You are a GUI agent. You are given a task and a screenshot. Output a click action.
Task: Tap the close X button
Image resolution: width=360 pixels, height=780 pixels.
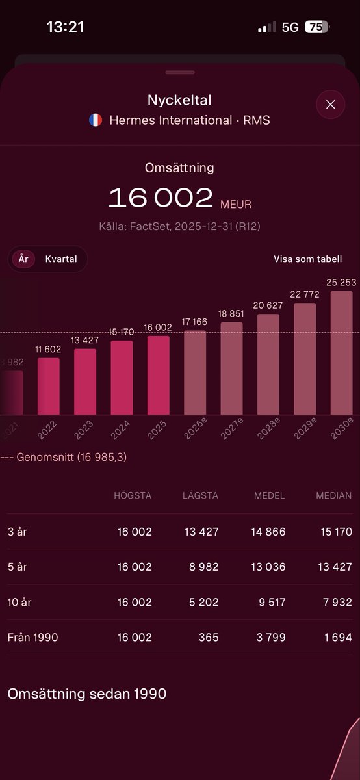pos(330,105)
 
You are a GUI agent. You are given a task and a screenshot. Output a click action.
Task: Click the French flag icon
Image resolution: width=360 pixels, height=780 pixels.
pos(96,120)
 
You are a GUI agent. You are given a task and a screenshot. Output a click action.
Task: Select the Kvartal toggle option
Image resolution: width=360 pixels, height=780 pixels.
pos(61,259)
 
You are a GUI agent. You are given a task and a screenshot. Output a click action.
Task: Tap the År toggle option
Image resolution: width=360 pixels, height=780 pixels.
pos(23,259)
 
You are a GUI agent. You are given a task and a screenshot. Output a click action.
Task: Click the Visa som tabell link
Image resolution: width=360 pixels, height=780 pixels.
pos(307,259)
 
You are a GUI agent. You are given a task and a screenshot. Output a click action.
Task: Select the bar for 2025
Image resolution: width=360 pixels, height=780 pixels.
pos(158,375)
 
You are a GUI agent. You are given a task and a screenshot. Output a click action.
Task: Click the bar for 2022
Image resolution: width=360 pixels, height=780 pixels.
pos(48,386)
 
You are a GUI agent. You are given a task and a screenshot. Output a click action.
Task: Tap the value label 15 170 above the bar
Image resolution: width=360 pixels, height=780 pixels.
pos(122,332)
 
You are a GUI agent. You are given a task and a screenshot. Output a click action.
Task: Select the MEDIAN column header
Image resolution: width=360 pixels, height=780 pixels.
pos(333,495)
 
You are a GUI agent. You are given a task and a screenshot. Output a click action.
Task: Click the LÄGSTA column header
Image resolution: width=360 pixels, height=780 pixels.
pos(200,495)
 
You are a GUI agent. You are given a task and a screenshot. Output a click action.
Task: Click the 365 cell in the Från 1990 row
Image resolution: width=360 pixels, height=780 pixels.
pos(209,637)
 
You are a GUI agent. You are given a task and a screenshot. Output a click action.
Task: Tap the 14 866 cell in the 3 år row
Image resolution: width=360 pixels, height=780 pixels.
pos(268,532)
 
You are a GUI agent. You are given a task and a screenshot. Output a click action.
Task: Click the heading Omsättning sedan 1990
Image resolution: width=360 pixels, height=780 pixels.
pos(87,694)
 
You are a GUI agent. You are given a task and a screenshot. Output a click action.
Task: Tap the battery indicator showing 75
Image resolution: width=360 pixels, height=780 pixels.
pos(317,27)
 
